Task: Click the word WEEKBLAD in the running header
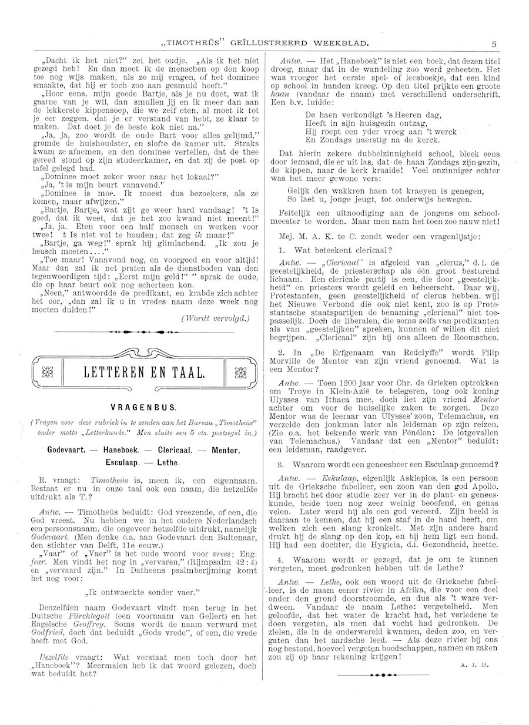tap(340, 43)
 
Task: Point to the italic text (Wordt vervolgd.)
tap(216, 318)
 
